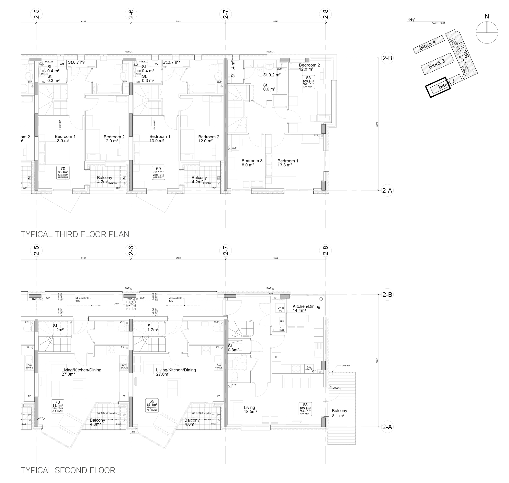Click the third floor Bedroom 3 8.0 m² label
[x=252, y=163]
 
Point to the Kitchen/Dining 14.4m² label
[x=306, y=308]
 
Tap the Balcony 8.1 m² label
[x=339, y=413]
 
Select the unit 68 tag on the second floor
[x=305, y=409]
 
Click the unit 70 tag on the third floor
[x=63, y=173]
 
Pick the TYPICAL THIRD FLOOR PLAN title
[x=75, y=234]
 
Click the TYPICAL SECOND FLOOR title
[x=68, y=470]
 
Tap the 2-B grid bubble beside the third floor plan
[x=387, y=58]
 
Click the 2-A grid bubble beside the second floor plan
[x=387, y=427]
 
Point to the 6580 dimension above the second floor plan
[x=276, y=258]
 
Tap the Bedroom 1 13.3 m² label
[x=288, y=163]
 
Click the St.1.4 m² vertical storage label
[x=233, y=69]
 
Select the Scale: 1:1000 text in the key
[x=438, y=23]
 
